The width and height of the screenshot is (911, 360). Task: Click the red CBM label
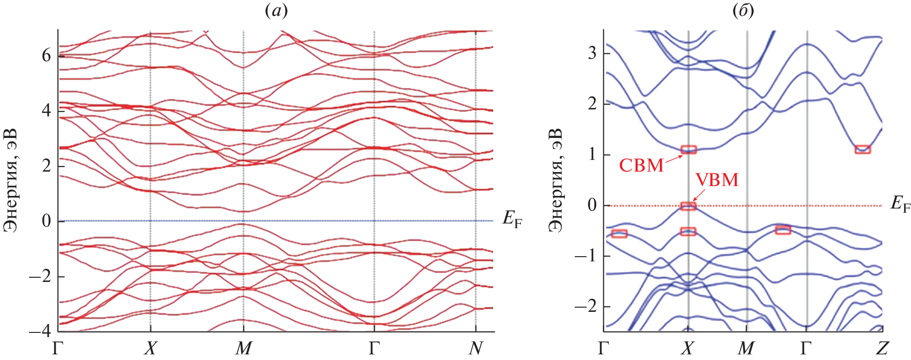(x=641, y=165)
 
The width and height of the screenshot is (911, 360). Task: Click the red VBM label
(x=716, y=180)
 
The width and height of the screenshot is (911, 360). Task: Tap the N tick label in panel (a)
(x=476, y=348)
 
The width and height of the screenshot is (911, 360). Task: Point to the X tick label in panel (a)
(x=150, y=348)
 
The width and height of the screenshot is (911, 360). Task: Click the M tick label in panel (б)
(x=746, y=348)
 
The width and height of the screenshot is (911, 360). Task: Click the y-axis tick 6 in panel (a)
(x=46, y=56)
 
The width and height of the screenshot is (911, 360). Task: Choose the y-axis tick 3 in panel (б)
(x=592, y=53)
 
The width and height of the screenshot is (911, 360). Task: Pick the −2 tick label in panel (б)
(x=586, y=307)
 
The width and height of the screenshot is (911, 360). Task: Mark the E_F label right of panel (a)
(x=512, y=219)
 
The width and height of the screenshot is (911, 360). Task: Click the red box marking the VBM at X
(x=688, y=206)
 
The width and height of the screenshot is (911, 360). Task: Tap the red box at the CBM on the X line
(x=688, y=150)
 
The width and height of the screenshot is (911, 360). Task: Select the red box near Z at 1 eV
(x=863, y=150)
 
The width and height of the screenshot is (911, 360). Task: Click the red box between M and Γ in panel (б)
(x=783, y=230)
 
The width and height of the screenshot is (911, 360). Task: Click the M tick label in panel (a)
(x=244, y=348)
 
